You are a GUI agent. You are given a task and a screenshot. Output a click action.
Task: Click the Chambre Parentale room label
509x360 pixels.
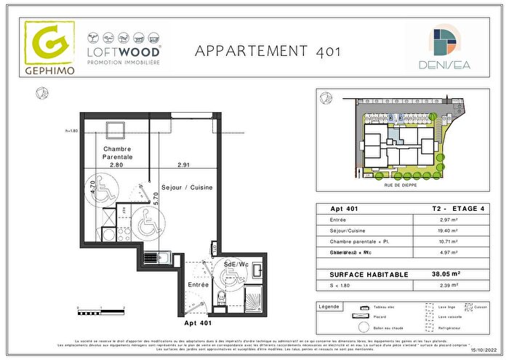(117, 153)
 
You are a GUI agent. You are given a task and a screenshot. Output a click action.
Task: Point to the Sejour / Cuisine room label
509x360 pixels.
(187, 187)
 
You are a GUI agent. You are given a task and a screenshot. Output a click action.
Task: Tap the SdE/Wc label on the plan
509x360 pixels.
(237, 263)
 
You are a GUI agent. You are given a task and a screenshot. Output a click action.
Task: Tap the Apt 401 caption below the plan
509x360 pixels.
(199, 321)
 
